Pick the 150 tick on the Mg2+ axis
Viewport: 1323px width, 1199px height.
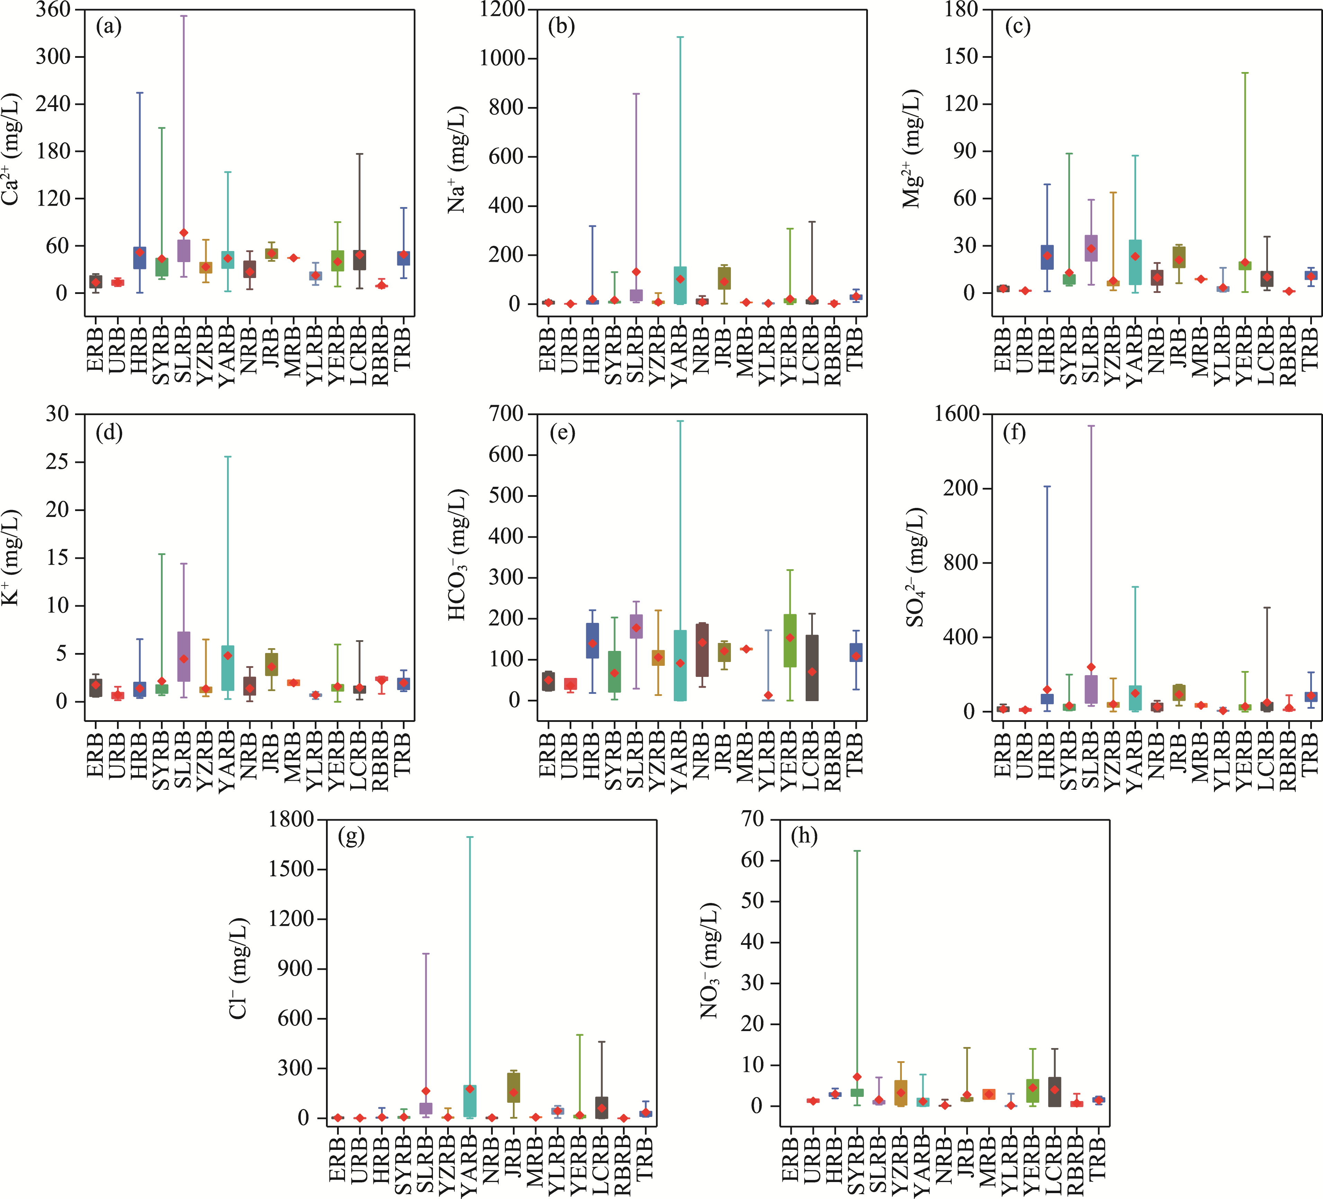961,57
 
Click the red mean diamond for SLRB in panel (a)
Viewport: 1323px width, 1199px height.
184,233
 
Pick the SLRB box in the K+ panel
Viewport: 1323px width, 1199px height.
184,656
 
